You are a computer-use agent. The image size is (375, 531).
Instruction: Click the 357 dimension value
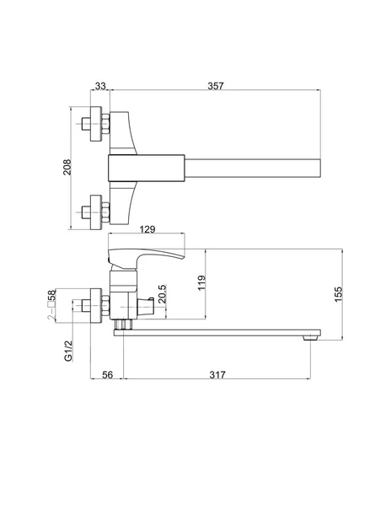coord(216,86)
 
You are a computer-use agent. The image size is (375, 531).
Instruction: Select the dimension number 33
coord(100,86)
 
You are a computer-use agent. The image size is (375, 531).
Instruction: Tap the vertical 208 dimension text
coord(67,167)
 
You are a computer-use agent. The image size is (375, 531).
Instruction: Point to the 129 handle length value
coord(147,229)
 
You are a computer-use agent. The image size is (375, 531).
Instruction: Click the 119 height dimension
coord(201,282)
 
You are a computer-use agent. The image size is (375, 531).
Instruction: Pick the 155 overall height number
coord(338,294)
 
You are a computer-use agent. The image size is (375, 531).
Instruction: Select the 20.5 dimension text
coord(163,293)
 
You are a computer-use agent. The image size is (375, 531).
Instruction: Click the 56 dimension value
coord(107,375)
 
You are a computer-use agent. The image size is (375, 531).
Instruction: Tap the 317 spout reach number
coord(217,375)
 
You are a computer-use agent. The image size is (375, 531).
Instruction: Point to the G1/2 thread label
coord(68,351)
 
